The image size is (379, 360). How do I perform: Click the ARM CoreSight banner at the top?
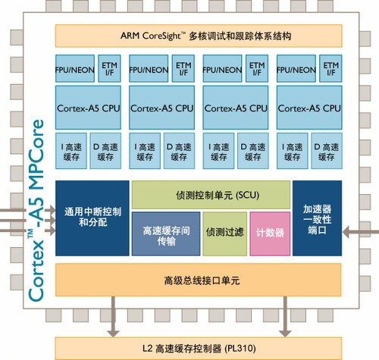click(199, 36)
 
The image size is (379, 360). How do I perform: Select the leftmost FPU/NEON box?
click(75, 68)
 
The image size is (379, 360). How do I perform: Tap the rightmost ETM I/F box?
click(330, 68)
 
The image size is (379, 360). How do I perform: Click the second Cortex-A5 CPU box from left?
click(161, 108)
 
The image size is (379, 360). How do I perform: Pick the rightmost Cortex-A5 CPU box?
click(309, 108)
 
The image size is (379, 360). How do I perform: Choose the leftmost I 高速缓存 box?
click(71, 151)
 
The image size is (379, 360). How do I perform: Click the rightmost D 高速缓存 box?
click(327, 151)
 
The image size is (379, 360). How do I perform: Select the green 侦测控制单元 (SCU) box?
click(211, 195)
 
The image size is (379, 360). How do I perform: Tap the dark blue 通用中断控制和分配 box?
click(92, 218)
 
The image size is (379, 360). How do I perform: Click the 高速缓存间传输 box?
click(166, 234)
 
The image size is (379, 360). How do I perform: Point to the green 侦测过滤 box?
click(225, 234)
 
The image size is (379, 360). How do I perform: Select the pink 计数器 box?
click(270, 234)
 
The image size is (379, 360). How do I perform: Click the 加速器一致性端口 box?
click(318, 218)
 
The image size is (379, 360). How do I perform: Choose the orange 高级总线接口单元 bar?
click(199, 280)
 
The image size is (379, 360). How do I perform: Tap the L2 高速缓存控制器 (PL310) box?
click(199, 349)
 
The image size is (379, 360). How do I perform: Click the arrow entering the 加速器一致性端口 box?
click(361, 232)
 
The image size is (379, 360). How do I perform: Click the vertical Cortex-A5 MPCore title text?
click(36, 210)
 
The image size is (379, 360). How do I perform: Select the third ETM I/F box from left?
click(257, 68)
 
